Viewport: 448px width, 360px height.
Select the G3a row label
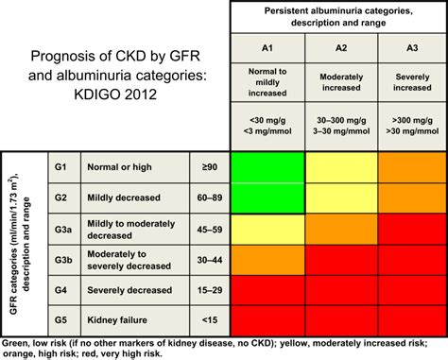(x=61, y=228)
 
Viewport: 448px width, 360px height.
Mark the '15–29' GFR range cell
(x=210, y=288)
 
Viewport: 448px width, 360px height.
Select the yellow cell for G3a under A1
(x=267, y=228)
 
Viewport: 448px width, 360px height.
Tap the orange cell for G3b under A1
(x=267, y=258)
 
